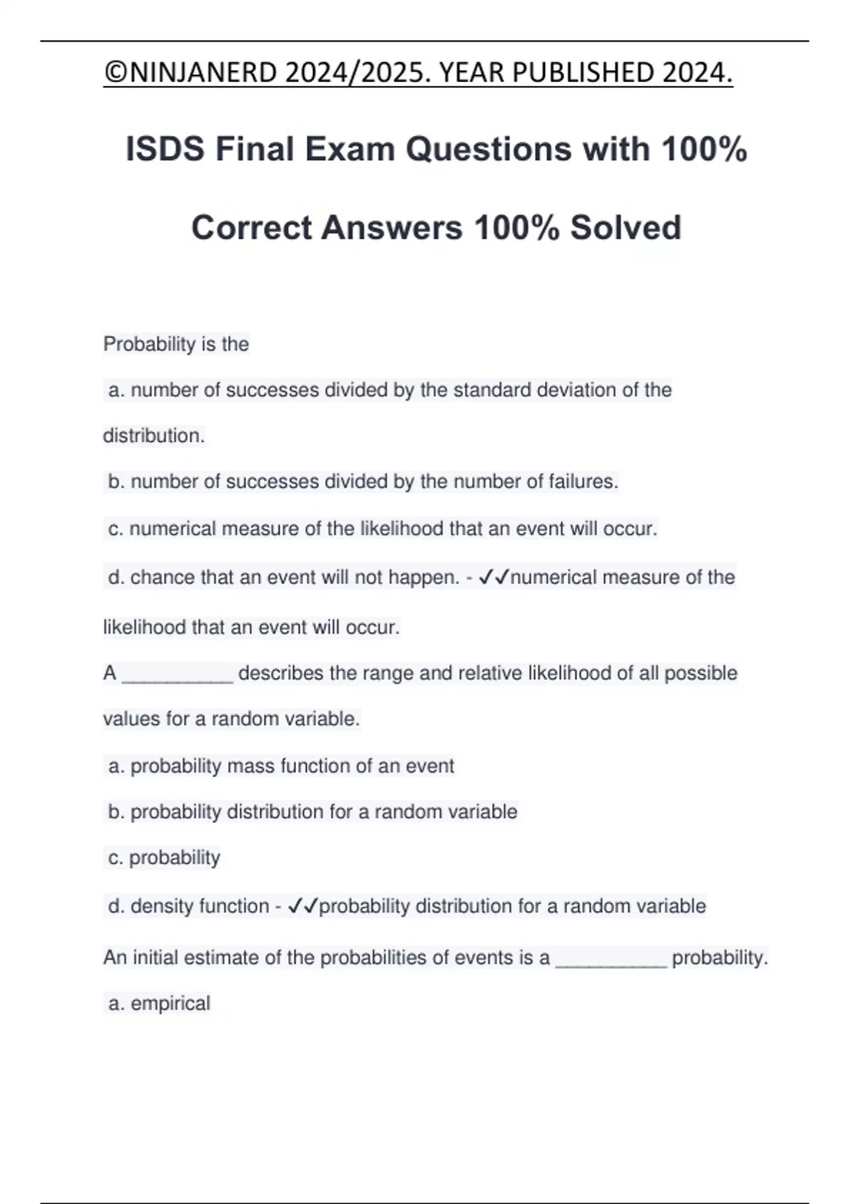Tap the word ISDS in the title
point(165,149)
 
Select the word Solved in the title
point(625,228)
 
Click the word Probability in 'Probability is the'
point(149,344)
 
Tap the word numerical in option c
point(172,529)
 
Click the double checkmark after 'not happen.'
point(494,578)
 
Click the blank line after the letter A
point(177,674)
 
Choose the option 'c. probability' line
point(164,858)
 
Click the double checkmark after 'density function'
point(303,907)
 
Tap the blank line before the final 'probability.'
point(611,959)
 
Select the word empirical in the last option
point(170,1004)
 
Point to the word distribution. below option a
point(154,436)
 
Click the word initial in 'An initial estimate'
point(159,958)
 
